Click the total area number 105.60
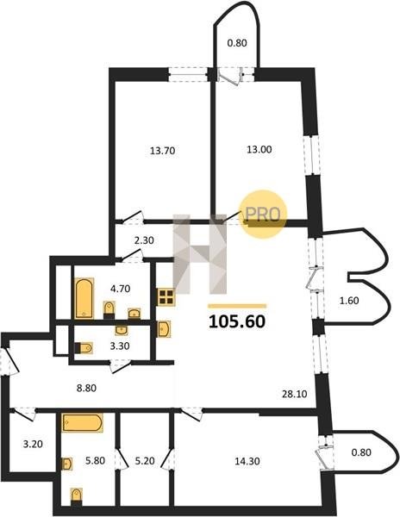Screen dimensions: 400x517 tap(237, 321)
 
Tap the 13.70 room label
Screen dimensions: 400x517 tap(163, 151)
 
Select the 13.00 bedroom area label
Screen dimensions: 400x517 tap(259, 150)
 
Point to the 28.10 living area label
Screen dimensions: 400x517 tap(295, 394)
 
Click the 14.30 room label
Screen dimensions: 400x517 tap(247, 461)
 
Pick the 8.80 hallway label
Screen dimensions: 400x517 tap(86, 388)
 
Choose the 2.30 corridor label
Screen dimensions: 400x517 tap(144, 240)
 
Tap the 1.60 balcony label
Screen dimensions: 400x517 tap(349, 301)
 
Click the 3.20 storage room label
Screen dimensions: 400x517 tap(33, 445)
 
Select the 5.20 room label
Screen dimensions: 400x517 tap(145, 461)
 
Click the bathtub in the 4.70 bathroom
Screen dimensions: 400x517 tap(84, 299)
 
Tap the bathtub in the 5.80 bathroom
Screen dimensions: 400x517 tap(83, 423)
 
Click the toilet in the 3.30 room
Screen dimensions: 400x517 tap(84, 348)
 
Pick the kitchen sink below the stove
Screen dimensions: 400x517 tap(164, 329)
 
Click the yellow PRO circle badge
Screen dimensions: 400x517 tap(263, 214)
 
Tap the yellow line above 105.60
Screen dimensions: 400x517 tap(237, 306)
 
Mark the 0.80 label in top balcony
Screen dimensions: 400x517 tap(237, 43)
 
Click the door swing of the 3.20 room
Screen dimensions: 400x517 tap(24, 414)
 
